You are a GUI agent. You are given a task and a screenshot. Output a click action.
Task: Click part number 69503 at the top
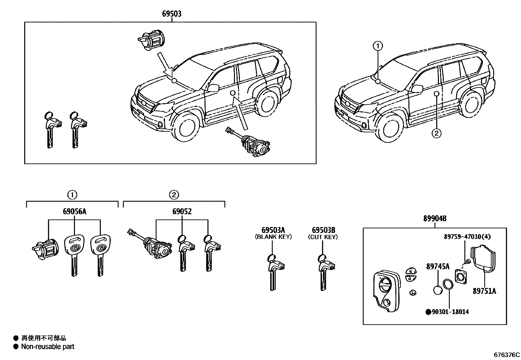click(x=171, y=14)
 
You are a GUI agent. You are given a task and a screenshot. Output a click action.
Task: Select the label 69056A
click(x=74, y=212)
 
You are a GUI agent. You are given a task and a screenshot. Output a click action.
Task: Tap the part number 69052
click(x=182, y=212)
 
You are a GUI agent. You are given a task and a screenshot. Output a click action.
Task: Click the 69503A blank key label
click(x=273, y=230)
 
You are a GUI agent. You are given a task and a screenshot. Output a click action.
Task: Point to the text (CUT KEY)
click(x=323, y=237)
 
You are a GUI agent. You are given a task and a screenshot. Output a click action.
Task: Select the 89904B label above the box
click(x=435, y=218)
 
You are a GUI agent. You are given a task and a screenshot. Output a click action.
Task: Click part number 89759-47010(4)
click(x=467, y=237)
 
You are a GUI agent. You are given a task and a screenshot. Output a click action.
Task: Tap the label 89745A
click(x=438, y=267)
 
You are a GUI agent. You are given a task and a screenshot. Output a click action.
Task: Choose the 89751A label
click(x=484, y=291)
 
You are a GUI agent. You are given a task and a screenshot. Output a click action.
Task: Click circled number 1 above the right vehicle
click(x=378, y=46)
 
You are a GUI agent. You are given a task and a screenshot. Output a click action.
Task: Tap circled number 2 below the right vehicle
click(x=437, y=133)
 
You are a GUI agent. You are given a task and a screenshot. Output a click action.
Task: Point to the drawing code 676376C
click(x=507, y=355)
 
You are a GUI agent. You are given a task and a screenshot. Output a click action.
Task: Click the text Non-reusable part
click(x=48, y=347)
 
